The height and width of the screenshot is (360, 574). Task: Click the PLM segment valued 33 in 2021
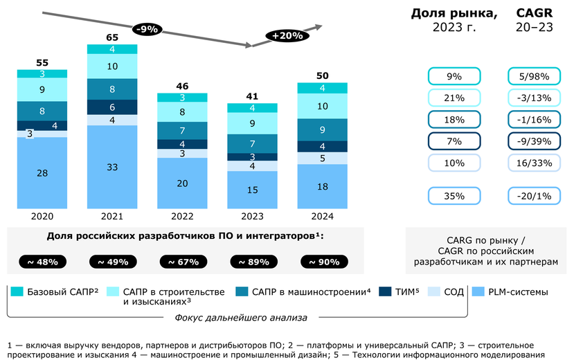click(x=112, y=167)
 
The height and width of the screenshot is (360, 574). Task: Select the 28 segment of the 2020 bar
click(x=42, y=172)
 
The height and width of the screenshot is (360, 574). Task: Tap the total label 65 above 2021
click(x=112, y=36)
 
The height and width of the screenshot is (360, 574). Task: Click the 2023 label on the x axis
click(x=253, y=216)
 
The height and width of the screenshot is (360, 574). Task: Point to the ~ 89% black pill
click(x=253, y=262)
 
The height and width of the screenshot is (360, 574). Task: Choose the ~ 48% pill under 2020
click(x=42, y=262)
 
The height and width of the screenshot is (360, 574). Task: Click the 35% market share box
click(x=454, y=197)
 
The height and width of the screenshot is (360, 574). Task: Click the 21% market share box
click(x=454, y=98)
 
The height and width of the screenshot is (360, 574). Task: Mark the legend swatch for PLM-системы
click(x=477, y=292)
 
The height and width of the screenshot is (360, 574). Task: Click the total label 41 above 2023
click(x=253, y=97)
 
